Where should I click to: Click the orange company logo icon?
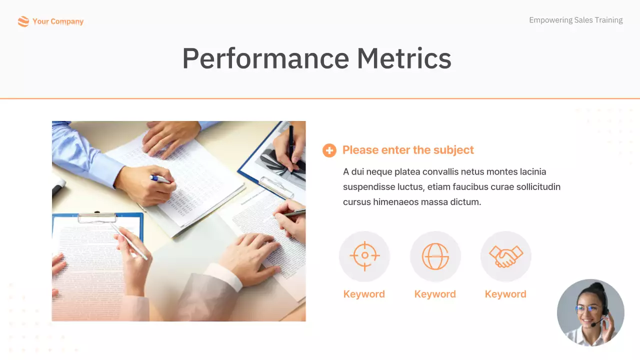coord(23,21)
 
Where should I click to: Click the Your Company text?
coord(58,21)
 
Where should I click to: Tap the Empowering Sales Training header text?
coord(575,20)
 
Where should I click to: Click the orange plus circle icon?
coord(329,150)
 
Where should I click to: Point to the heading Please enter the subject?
coord(408,150)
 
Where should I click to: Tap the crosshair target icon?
coord(364,255)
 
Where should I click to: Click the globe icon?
coord(435,256)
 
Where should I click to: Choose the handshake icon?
coord(505,256)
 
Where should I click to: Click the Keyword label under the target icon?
coord(364,294)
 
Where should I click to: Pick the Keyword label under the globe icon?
coord(435,294)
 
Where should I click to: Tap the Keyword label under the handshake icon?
coord(505,294)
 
